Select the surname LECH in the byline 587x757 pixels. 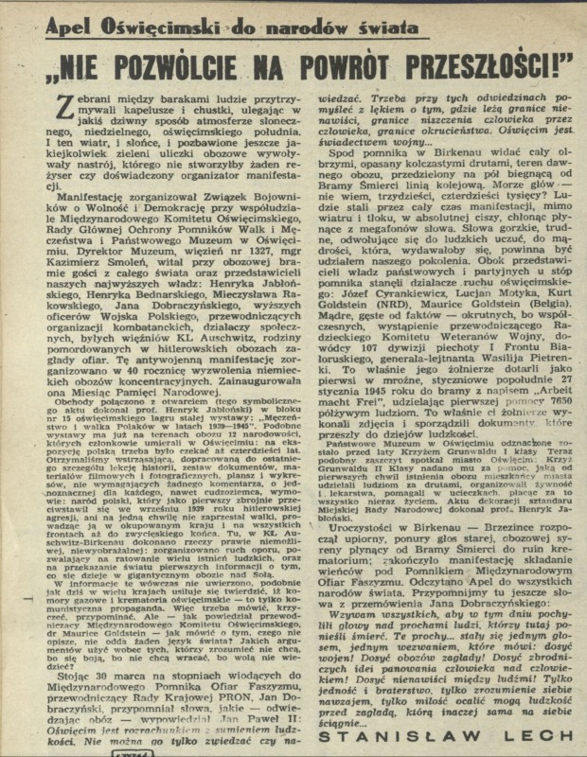(543, 733)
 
